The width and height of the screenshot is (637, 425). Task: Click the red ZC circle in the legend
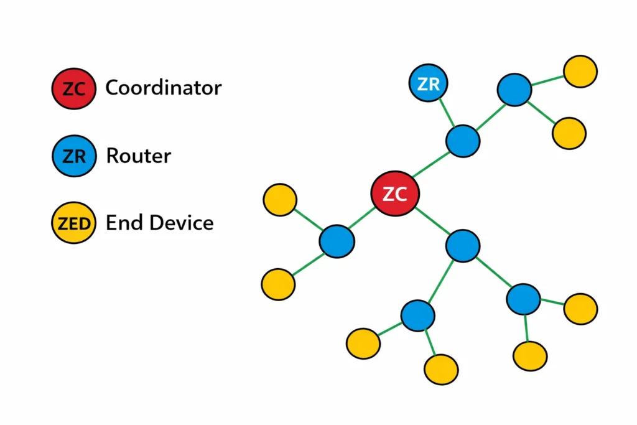tap(73, 88)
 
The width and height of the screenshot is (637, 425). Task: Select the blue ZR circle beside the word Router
tap(73, 156)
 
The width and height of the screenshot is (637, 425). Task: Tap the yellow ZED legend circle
tap(73, 223)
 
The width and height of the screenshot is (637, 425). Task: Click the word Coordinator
tap(163, 88)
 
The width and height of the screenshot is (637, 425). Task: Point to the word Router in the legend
tap(138, 155)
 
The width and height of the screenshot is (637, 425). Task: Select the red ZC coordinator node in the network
tap(394, 194)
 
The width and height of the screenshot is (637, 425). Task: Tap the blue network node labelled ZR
tap(429, 83)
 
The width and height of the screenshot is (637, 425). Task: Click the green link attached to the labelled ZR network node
tap(445, 112)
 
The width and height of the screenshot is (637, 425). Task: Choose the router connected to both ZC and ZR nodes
tap(463, 141)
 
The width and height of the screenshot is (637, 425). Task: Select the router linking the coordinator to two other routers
tap(463, 246)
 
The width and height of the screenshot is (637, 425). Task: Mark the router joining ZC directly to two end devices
tap(337, 240)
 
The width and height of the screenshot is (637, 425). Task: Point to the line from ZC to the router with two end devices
tap(364, 218)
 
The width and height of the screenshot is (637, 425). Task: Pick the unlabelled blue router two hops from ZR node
tap(514, 90)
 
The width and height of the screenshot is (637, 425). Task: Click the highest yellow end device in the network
tap(580, 72)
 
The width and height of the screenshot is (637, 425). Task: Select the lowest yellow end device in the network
tap(441, 370)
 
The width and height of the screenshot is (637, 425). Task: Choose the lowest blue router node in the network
tap(417, 315)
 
